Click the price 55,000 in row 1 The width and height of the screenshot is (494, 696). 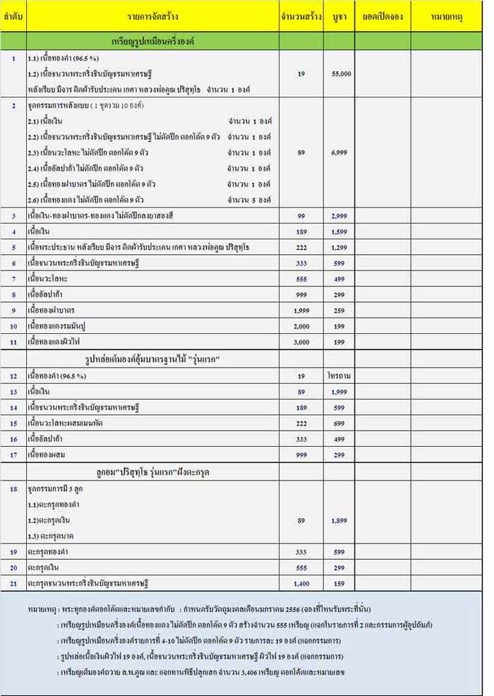click(341, 73)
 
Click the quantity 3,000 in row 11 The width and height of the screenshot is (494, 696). click(301, 342)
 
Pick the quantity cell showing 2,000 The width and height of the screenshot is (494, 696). click(301, 325)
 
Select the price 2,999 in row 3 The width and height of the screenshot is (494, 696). click(341, 215)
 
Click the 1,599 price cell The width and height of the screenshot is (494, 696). click(341, 231)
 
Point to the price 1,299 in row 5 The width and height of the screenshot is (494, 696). click(341, 247)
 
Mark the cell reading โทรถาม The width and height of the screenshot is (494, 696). click(340, 376)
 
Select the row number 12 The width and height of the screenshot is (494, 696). click(13, 376)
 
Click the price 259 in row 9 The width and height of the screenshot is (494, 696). click(341, 310)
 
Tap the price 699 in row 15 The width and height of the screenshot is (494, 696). click(341, 422)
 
